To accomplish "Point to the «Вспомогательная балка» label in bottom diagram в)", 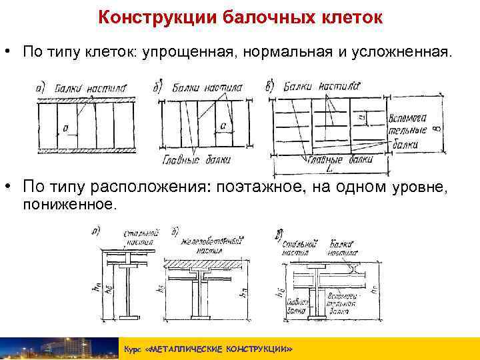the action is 344,304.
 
